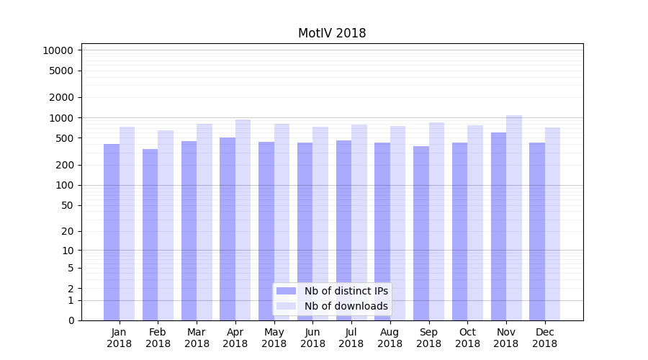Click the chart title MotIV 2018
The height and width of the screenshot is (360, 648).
(x=332, y=33)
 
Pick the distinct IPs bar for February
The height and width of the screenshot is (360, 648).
(x=150, y=235)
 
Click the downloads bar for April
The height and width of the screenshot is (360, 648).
(x=243, y=220)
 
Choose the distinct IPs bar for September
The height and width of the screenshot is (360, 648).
(x=421, y=233)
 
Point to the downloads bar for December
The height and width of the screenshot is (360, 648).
(x=553, y=224)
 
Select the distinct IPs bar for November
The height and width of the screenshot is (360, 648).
(x=498, y=226)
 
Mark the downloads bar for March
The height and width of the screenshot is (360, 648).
(x=204, y=222)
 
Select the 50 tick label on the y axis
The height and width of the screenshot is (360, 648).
(x=68, y=205)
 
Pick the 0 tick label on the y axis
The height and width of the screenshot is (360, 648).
(x=71, y=320)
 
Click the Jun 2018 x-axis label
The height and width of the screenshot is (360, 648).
(x=312, y=338)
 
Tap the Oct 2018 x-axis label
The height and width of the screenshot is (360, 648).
(x=467, y=338)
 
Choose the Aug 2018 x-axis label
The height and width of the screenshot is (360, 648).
(x=390, y=338)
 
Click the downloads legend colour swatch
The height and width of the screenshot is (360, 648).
(x=287, y=306)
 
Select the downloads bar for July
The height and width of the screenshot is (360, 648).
(x=359, y=222)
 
